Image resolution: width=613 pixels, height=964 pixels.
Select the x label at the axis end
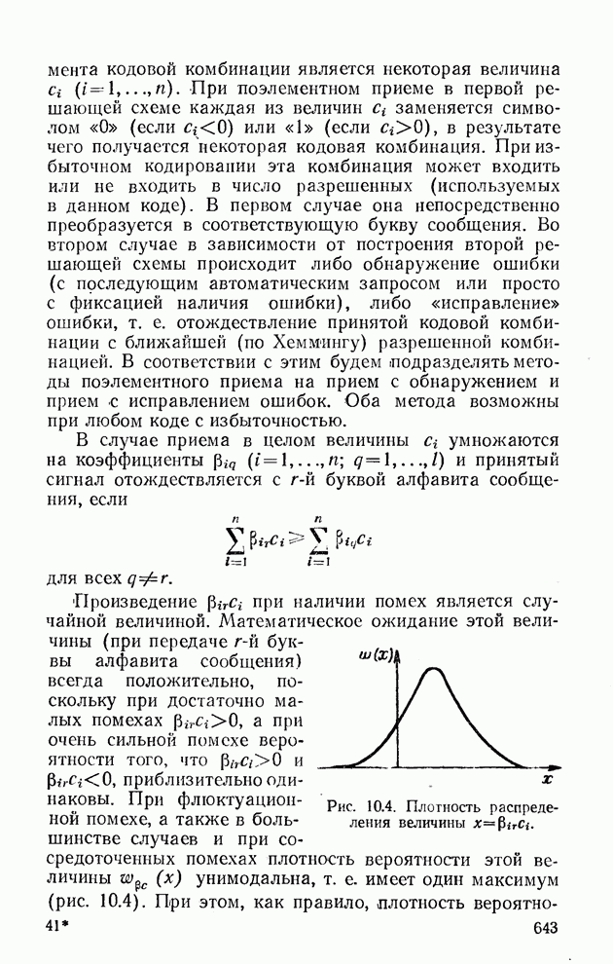point(547,780)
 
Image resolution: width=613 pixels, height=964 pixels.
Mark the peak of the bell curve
point(435,669)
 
